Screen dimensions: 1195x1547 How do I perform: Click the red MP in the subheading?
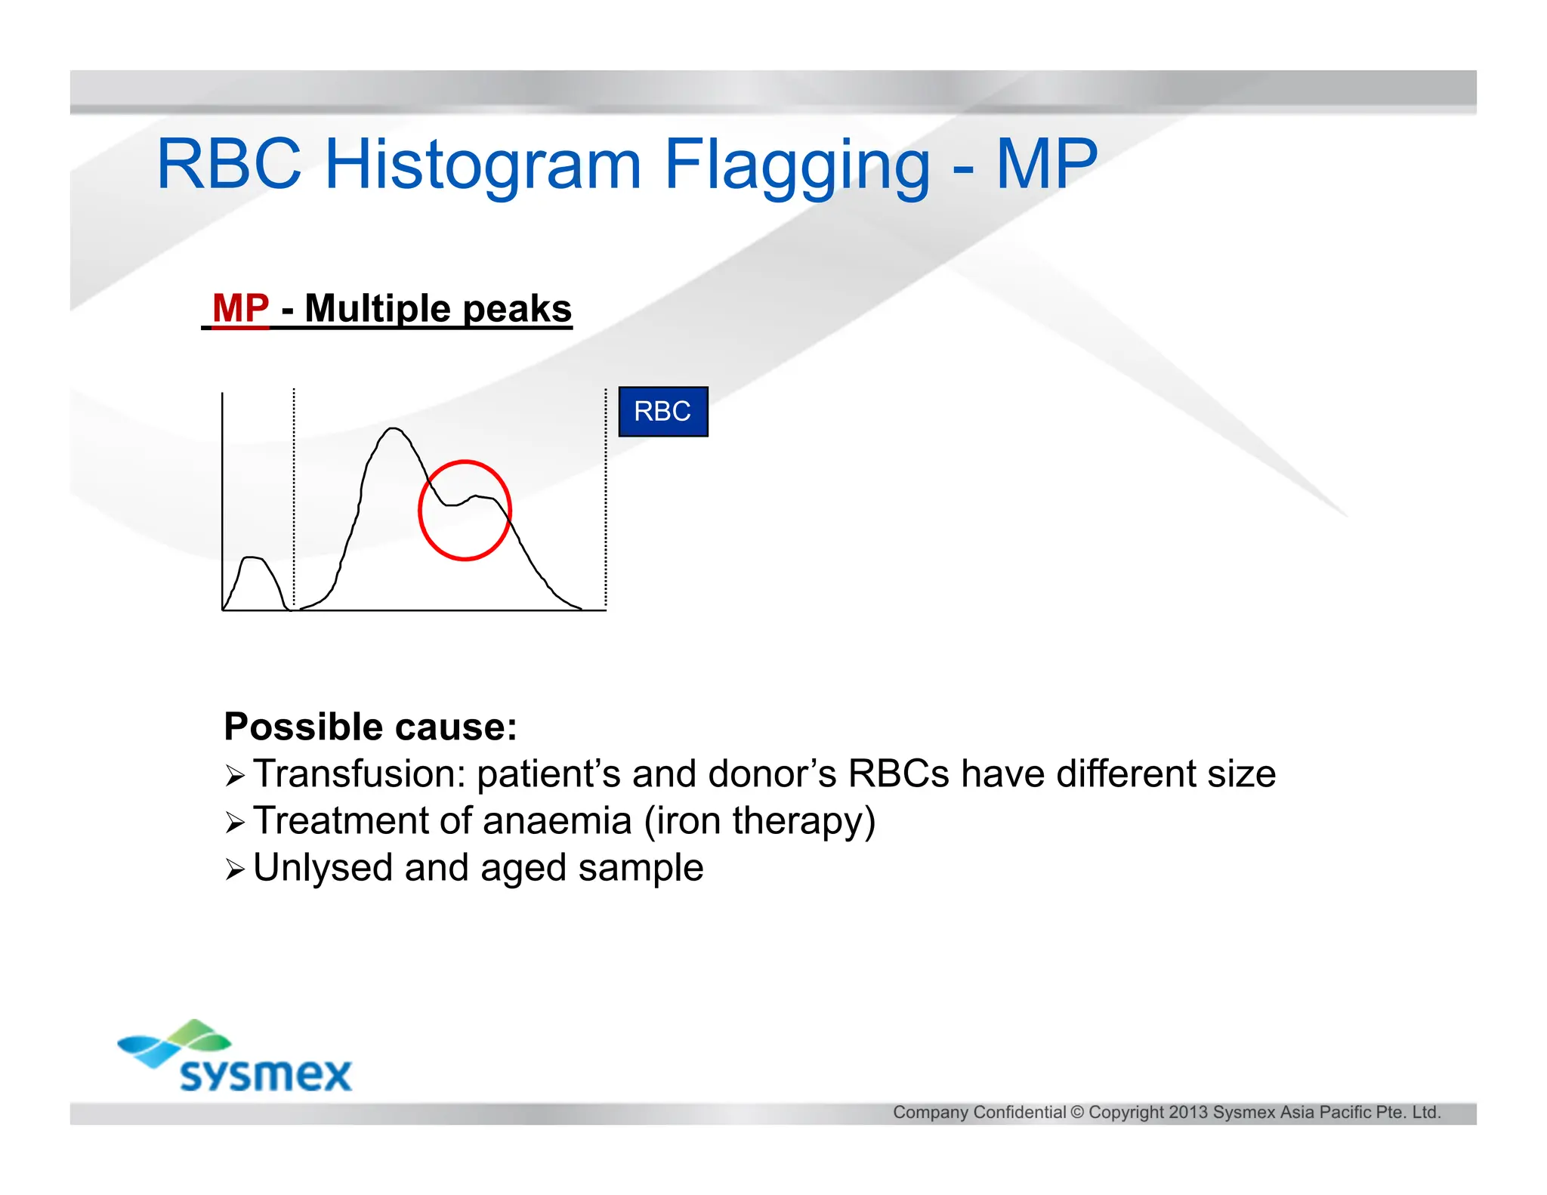click(x=241, y=308)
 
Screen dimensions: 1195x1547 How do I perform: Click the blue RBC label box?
click(x=663, y=412)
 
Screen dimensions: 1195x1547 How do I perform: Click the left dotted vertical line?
click(x=294, y=491)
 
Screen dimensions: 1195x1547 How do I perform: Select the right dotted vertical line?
click(x=606, y=491)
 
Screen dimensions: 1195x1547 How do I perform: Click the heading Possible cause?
click(x=370, y=727)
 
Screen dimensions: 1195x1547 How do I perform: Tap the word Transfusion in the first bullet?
click(x=358, y=774)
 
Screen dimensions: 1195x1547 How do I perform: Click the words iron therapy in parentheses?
click(x=759, y=821)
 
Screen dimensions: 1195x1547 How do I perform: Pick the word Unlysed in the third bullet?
click(x=323, y=868)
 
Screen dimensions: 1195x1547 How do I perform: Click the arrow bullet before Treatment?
click(x=235, y=823)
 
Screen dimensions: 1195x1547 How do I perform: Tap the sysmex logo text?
click(x=266, y=1074)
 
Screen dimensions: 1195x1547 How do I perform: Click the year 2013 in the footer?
click(x=1188, y=1112)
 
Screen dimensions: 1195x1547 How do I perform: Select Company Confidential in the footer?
click(x=979, y=1112)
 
